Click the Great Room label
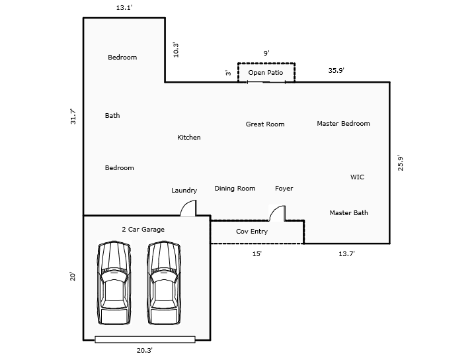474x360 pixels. [x=265, y=124]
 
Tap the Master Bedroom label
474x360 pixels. [x=343, y=124]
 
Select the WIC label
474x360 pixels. [x=357, y=177]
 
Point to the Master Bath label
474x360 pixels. [x=348, y=213]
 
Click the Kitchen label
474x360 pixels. [x=188, y=138]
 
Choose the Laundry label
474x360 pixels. [x=184, y=191]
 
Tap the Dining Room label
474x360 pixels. [x=235, y=189]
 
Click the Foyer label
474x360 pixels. [x=284, y=189]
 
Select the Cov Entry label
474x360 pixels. [x=252, y=232]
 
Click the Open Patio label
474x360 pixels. [x=266, y=72]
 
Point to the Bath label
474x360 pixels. [x=112, y=116]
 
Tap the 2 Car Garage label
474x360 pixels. [x=143, y=230]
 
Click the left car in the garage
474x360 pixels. [x=114, y=283]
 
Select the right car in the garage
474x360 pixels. [x=163, y=283]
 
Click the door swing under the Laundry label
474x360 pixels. [x=188, y=209]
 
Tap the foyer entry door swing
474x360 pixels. [x=277, y=214]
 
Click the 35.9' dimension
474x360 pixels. [x=336, y=70]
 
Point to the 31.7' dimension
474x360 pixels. [x=73, y=116]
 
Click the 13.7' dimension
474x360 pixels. [x=347, y=253]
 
